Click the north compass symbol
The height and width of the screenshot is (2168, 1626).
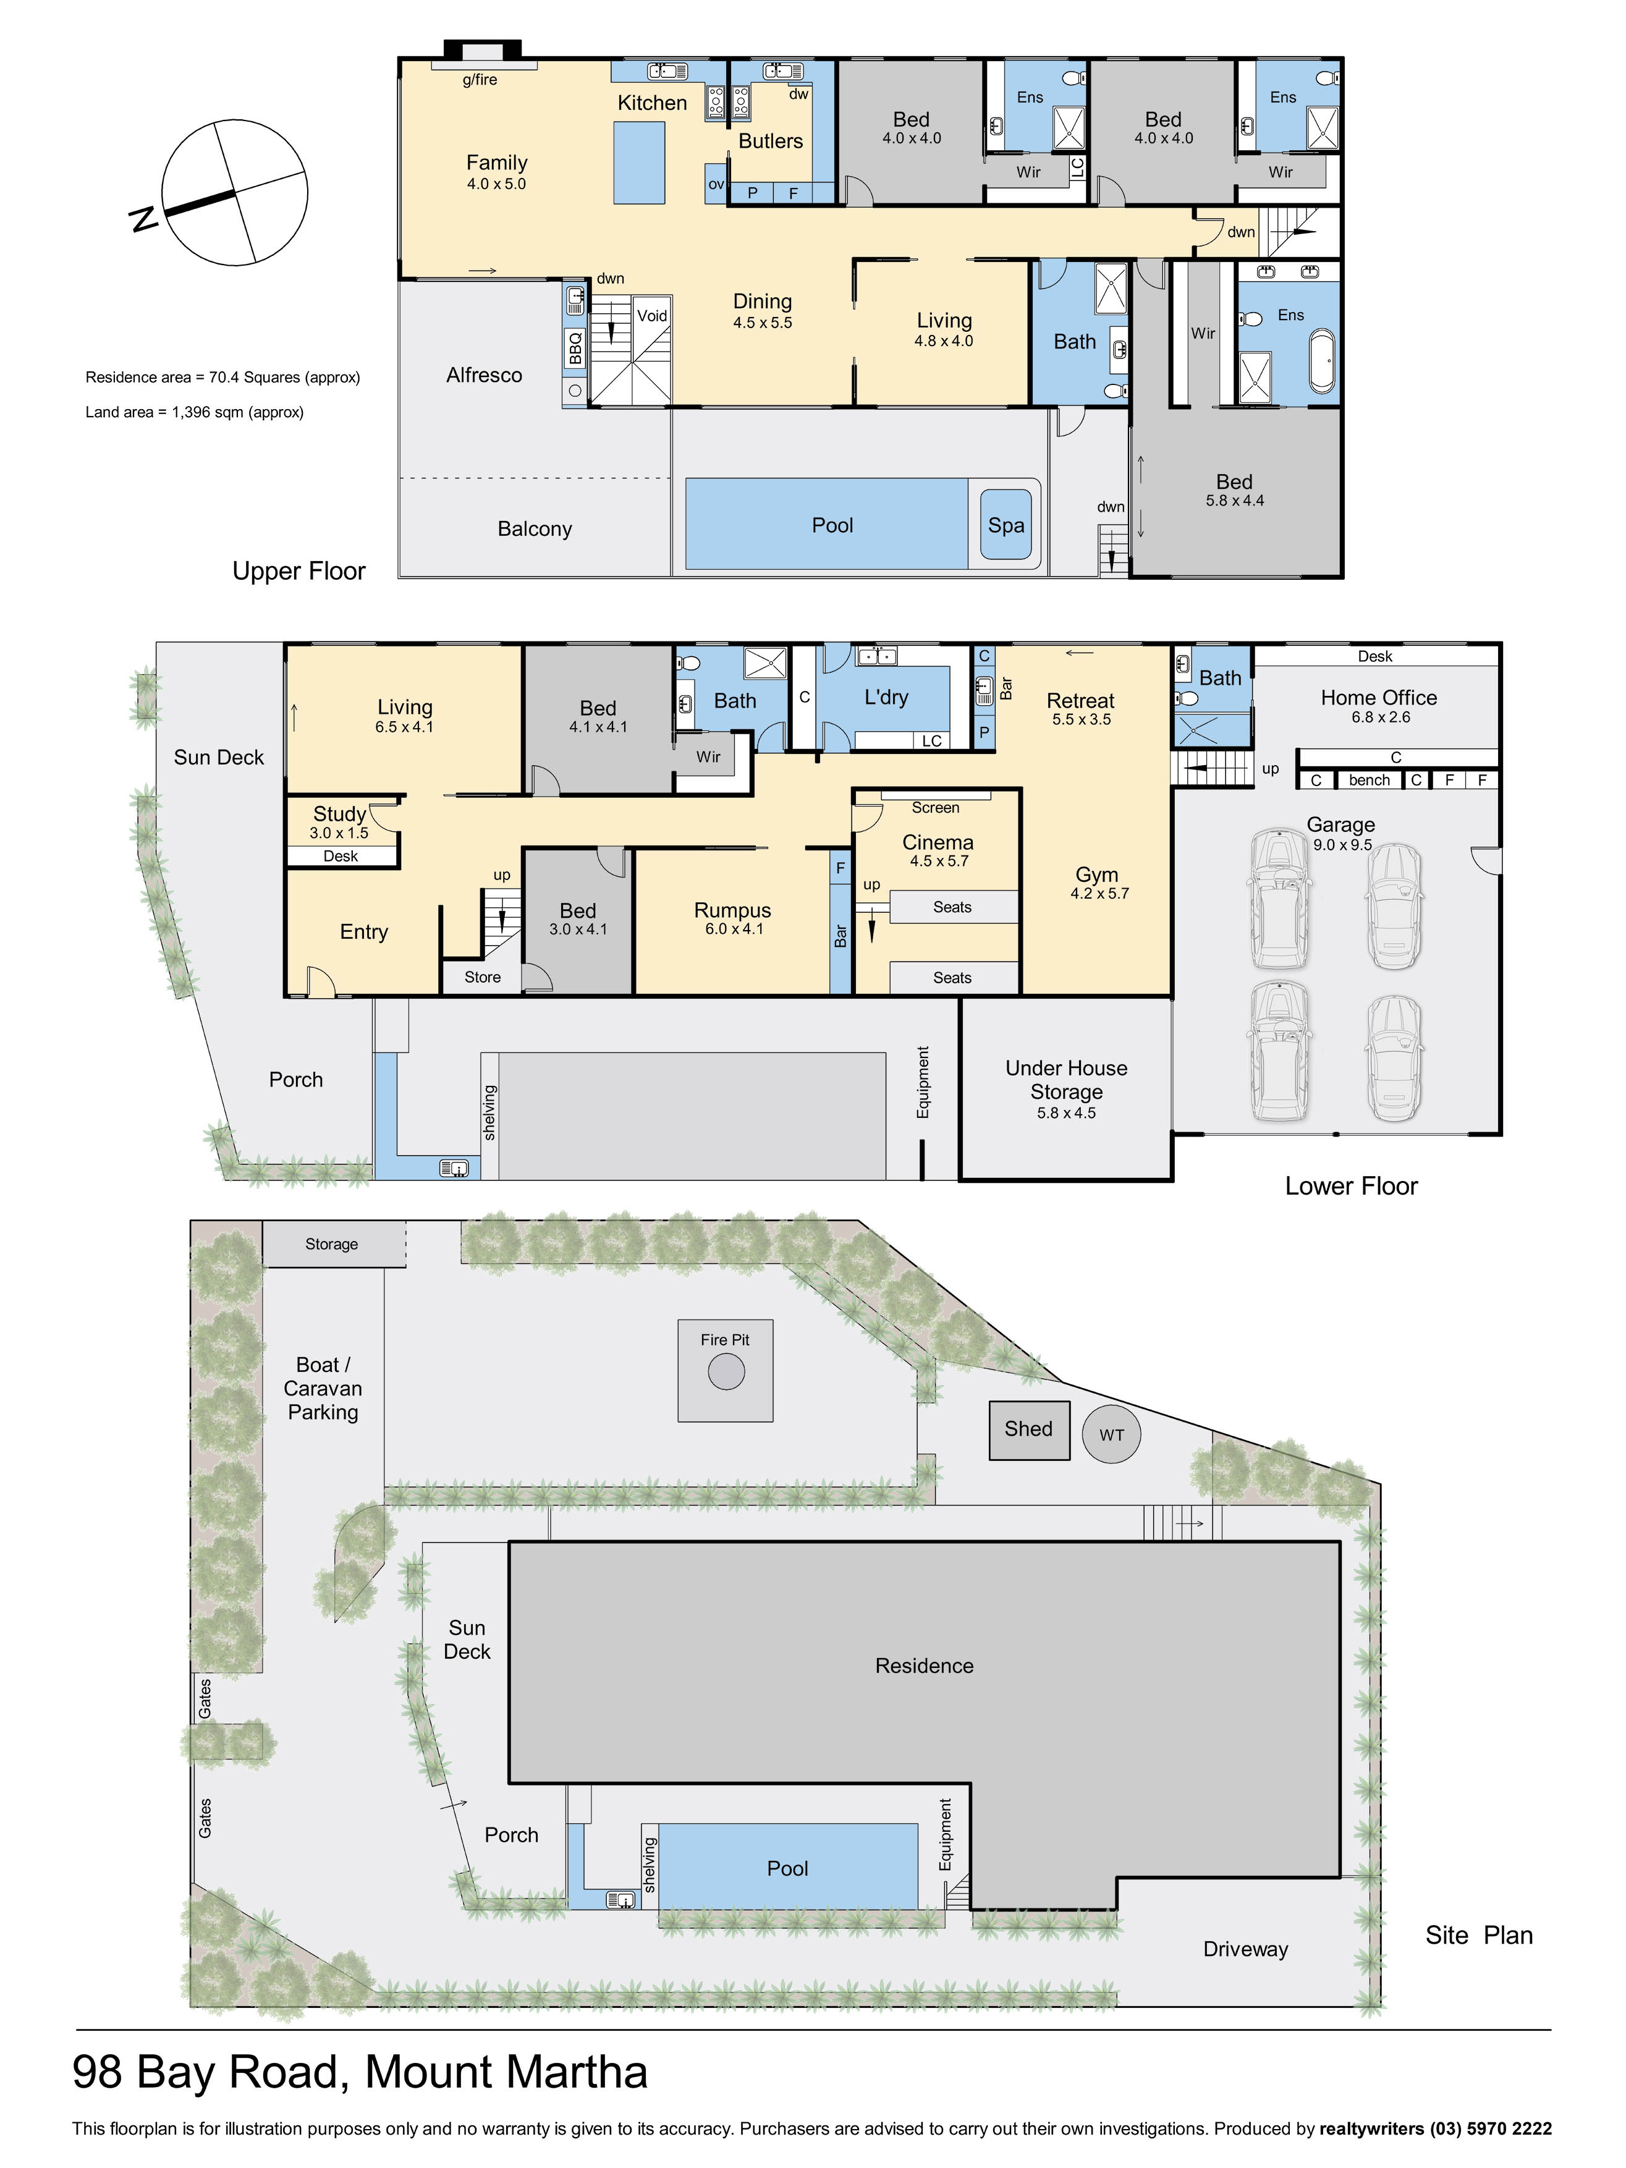(x=233, y=192)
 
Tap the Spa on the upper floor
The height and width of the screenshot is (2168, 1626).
(x=1006, y=525)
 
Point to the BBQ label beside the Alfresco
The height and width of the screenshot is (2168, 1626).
(x=575, y=348)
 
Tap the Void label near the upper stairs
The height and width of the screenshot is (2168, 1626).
(x=652, y=316)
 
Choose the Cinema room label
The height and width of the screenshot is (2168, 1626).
(x=938, y=842)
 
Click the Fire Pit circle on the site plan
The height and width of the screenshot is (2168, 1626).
(x=726, y=1371)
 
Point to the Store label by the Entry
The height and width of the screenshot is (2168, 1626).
(x=482, y=977)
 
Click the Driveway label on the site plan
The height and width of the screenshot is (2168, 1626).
(x=1246, y=1949)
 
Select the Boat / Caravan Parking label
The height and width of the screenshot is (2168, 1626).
(x=323, y=1388)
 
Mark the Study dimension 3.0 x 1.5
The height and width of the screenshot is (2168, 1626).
(x=339, y=833)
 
